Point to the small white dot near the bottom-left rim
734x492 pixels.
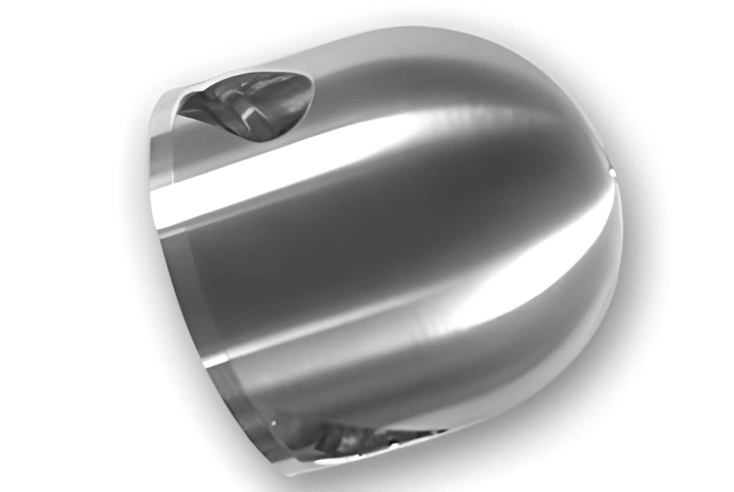(273, 422)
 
